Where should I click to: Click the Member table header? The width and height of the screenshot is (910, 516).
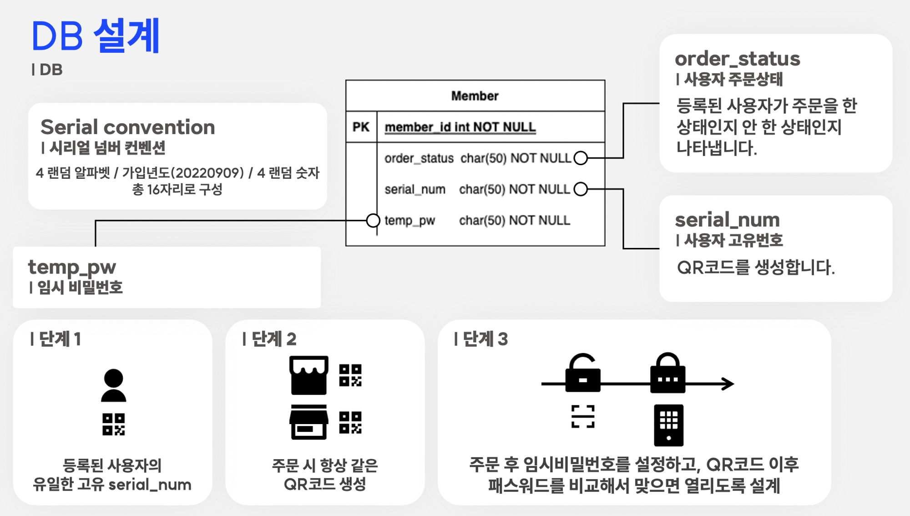[475, 96]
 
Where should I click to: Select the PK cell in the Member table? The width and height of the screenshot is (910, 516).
[361, 127]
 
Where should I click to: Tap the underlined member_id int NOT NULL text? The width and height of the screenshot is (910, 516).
[460, 127]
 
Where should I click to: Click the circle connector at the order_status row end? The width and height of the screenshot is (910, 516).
[581, 158]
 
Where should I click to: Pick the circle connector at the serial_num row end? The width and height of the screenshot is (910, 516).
[581, 189]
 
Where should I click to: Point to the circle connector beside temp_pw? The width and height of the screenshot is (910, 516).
[373, 221]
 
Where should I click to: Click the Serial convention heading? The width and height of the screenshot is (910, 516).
[127, 127]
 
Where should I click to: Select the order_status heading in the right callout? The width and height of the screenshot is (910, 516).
[737, 59]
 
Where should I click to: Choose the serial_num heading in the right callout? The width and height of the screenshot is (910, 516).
[727, 220]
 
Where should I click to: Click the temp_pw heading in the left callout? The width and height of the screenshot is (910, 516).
[72, 267]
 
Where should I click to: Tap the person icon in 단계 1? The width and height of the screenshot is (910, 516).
[113, 385]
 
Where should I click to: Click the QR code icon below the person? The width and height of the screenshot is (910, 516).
[113, 424]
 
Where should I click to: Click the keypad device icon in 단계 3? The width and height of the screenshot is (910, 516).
[668, 425]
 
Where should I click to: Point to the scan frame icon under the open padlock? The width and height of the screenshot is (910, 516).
[583, 416]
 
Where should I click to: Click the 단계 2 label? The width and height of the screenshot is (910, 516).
[270, 339]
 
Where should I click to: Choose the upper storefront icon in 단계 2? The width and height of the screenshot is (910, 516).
[309, 375]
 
